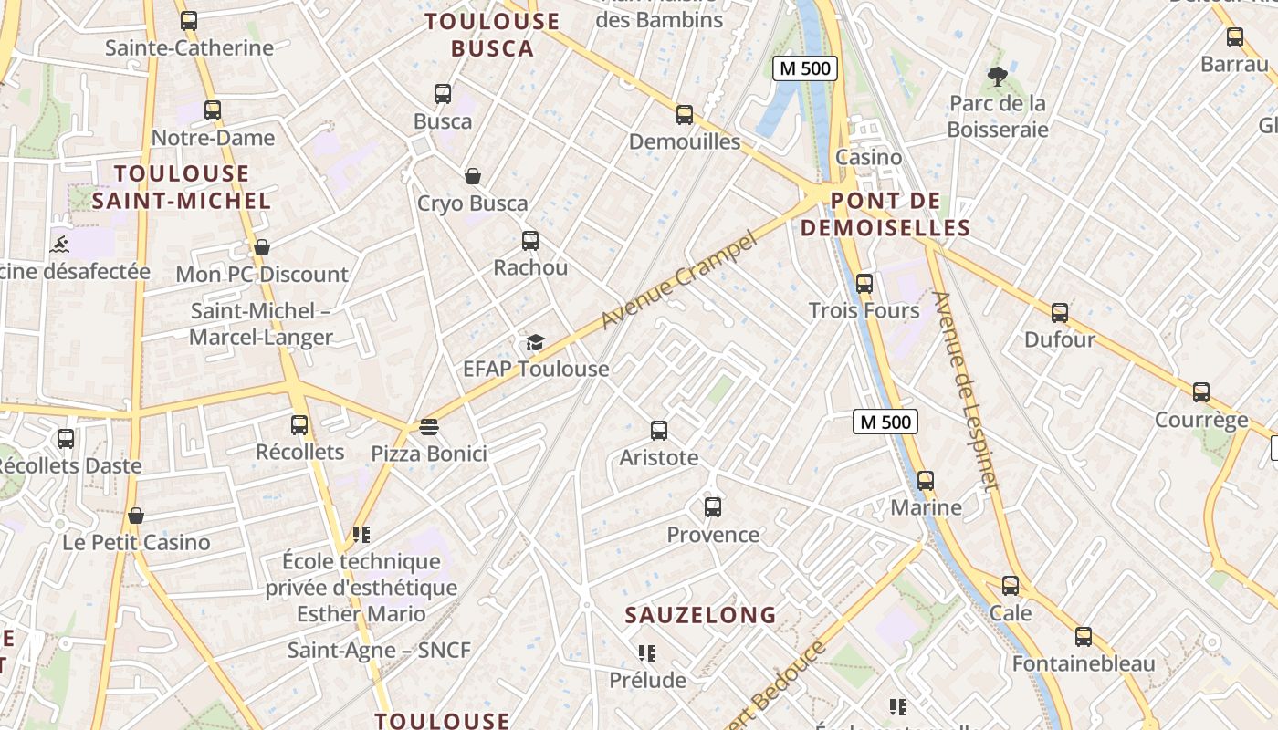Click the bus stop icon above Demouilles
click(x=685, y=115)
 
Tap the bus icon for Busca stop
click(x=443, y=94)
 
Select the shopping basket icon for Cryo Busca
click(x=473, y=176)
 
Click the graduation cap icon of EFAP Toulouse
click(x=535, y=342)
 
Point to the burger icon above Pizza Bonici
click(x=429, y=426)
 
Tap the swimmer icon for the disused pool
click(x=59, y=245)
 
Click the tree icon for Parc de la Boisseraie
click(x=997, y=77)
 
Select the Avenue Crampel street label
click(x=680, y=281)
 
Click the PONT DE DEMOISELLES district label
click(x=885, y=214)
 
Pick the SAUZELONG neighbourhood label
click(x=700, y=615)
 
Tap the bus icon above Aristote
click(x=659, y=431)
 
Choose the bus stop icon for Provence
click(x=713, y=507)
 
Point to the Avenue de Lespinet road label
click(x=966, y=391)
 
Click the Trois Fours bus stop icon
click(x=864, y=284)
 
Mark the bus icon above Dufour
click(x=1060, y=313)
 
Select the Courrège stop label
click(x=1201, y=420)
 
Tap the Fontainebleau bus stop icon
click(x=1084, y=637)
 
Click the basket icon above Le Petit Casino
click(x=136, y=516)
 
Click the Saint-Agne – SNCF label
click(x=379, y=651)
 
